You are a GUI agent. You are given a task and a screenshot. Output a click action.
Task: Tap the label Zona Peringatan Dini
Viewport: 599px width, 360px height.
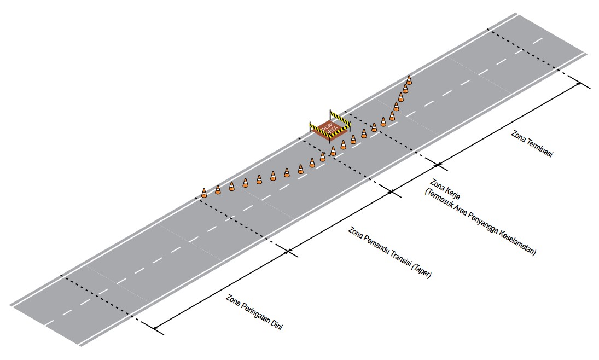(x=254, y=312)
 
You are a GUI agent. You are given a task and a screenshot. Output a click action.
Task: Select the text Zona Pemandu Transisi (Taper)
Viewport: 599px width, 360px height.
(x=389, y=252)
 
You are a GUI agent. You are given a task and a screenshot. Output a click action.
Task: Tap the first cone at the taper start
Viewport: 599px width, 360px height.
(x=204, y=193)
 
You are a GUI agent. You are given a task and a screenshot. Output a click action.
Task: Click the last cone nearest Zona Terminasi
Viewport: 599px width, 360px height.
(x=409, y=80)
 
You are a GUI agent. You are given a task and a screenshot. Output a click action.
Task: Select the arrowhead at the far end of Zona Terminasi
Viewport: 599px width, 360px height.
(x=578, y=84)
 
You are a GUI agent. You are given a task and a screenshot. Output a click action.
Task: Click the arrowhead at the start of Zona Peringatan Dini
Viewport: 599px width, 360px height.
(x=156, y=327)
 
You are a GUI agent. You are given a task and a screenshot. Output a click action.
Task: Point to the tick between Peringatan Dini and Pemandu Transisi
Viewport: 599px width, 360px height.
(x=288, y=252)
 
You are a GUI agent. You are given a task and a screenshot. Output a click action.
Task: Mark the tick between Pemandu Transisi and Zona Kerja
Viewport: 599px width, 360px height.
(x=392, y=191)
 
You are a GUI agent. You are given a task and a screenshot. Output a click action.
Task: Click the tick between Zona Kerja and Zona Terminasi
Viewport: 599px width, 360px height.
(x=438, y=165)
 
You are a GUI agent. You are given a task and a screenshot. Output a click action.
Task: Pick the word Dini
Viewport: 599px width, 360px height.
(x=276, y=326)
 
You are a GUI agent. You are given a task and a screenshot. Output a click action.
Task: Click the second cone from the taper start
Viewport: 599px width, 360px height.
(x=218, y=189)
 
